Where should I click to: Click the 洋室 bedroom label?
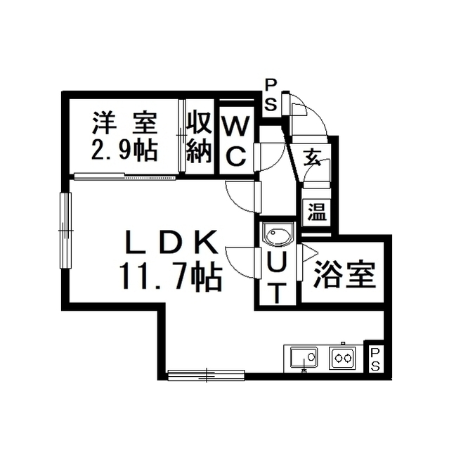pyautogui.click(x=125, y=124)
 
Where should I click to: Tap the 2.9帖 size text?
pyautogui.click(x=124, y=150)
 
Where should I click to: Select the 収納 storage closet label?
pyautogui.click(x=200, y=137)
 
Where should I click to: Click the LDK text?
pyautogui.click(x=171, y=243)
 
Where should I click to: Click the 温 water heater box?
pyautogui.click(x=317, y=212)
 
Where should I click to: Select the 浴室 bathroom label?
pyautogui.click(x=344, y=275)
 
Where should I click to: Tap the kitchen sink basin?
pyautogui.click(x=304, y=357)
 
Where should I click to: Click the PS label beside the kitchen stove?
pyautogui.click(x=375, y=359)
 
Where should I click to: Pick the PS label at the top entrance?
pyautogui.click(x=271, y=96)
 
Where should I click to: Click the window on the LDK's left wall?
pyautogui.click(x=65, y=231)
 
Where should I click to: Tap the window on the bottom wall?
pyautogui.click(x=206, y=375)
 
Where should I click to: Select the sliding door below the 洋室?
pyautogui.click(x=125, y=176)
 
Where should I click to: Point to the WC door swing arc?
pyautogui.click(x=271, y=156)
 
